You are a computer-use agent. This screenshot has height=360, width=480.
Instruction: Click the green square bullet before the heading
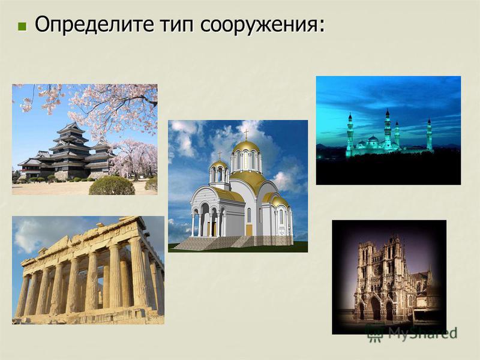22,26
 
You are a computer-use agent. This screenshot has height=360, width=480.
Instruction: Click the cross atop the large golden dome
246,134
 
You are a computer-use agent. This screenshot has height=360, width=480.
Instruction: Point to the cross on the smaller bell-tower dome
220,155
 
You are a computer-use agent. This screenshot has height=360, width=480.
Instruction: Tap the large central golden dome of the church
246,147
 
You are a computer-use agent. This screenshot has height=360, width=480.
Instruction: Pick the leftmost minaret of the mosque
350,131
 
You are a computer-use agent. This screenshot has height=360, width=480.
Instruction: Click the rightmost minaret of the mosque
429,134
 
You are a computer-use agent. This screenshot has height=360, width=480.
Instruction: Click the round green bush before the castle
112,186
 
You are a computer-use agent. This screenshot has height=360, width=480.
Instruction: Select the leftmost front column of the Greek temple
22,296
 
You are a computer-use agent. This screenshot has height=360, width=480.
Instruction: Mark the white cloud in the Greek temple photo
28,235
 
